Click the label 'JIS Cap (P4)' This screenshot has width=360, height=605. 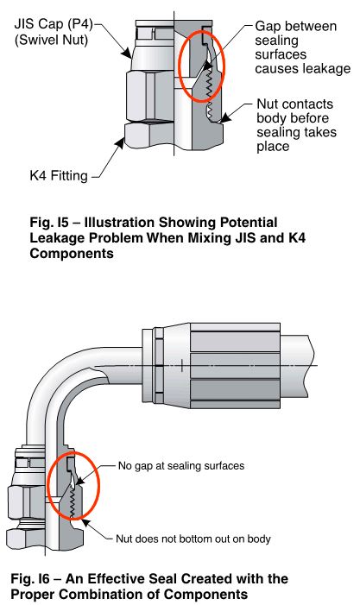(x=54, y=25)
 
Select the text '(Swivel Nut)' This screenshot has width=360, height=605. (x=51, y=40)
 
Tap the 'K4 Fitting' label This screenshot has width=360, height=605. (x=59, y=175)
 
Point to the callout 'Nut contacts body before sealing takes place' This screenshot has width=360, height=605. (x=296, y=125)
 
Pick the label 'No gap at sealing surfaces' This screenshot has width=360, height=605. (x=181, y=466)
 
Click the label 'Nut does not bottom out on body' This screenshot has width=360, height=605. (x=193, y=539)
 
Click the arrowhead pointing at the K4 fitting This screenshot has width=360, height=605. (x=120, y=143)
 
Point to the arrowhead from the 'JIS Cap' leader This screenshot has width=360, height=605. (x=127, y=53)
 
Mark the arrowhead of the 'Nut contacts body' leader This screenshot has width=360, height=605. (x=224, y=118)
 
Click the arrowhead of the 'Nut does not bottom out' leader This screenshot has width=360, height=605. (x=85, y=523)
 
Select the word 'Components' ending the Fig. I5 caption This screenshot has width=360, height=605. (x=72, y=254)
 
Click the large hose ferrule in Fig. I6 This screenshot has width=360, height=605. (x=236, y=366)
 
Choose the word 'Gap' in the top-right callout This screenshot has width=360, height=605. (x=267, y=27)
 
